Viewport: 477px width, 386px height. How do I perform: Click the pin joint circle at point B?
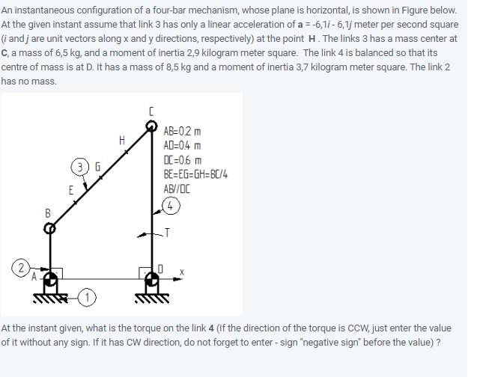point(49,229)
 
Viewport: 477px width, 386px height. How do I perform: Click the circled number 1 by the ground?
point(88,298)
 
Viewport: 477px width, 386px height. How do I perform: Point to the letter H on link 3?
point(121,140)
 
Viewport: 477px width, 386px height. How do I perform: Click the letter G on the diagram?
point(96,165)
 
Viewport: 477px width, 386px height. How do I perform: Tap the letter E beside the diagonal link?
point(71,190)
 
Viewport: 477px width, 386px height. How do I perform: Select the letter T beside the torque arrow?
point(167,233)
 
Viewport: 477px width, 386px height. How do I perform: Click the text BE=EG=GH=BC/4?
point(195,174)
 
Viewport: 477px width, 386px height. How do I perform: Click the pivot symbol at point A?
point(50,281)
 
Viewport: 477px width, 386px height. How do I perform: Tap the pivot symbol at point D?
point(152,281)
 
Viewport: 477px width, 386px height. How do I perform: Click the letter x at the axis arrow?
point(181,272)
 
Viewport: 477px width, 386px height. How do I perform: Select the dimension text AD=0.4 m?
point(182,146)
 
